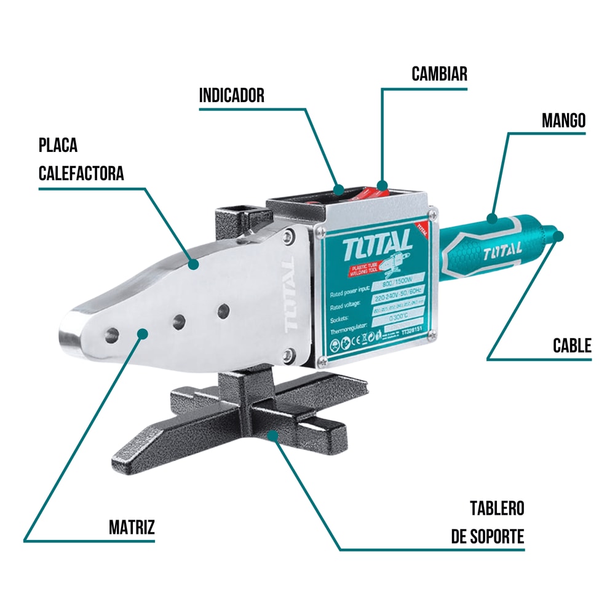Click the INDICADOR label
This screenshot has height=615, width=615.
pos(231,95)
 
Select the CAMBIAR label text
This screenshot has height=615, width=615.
pos(439,74)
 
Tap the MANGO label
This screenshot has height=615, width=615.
pos(563,120)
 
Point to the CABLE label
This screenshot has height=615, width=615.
pos(572,346)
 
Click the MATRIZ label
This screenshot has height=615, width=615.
pos(132,527)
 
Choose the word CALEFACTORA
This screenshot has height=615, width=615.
pos(81,173)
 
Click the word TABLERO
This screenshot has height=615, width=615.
pos(497,509)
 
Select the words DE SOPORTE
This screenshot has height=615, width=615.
pos(488,536)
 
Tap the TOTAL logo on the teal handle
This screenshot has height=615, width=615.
pos(502,251)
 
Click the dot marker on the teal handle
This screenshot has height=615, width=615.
pos(491,217)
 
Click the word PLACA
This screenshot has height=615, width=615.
pos(58,146)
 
